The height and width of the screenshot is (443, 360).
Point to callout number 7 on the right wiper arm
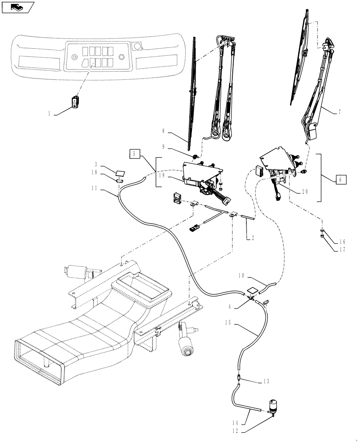339,112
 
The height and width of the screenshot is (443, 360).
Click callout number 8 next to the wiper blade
163,131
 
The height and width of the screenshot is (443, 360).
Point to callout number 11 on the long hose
94,188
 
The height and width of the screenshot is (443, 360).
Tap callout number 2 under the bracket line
253,238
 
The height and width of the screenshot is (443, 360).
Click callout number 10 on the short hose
241,276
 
